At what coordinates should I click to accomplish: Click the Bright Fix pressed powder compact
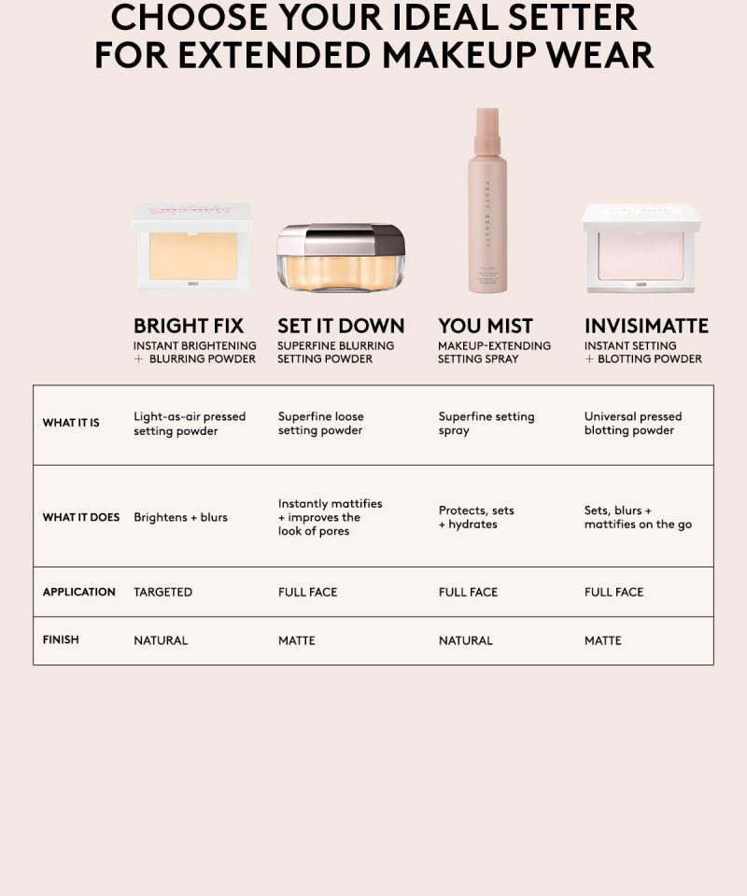click(x=192, y=246)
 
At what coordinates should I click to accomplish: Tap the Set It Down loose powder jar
click(x=341, y=258)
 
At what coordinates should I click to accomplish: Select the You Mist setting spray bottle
click(x=487, y=202)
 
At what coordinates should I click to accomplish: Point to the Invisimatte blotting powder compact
click(x=641, y=248)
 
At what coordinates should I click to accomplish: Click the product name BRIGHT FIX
click(x=189, y=326)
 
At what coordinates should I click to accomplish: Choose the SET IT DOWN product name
click(x=341, y=326)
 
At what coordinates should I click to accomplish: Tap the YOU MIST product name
click(x=486, y=326)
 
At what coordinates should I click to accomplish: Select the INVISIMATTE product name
click(x=646, y=326)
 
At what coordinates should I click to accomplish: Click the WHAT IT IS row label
click(x=71, y=423)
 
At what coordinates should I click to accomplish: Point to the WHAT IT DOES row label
click(x=81, y=517)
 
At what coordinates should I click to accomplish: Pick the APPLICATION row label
click(x=78, y=592)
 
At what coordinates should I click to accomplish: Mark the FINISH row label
click(x=61, y=640)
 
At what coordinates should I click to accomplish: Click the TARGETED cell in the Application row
click(x=162, y=592)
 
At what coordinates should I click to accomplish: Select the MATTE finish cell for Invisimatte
click(x=602, y=640)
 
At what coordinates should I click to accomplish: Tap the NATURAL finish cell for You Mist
click(x=465, y=640)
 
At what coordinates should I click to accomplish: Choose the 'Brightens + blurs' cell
click(x=180, y=517)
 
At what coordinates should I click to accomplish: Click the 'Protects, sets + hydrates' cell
click(x=476, y=517)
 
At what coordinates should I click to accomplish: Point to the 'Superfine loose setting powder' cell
click(x=320, y=424)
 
